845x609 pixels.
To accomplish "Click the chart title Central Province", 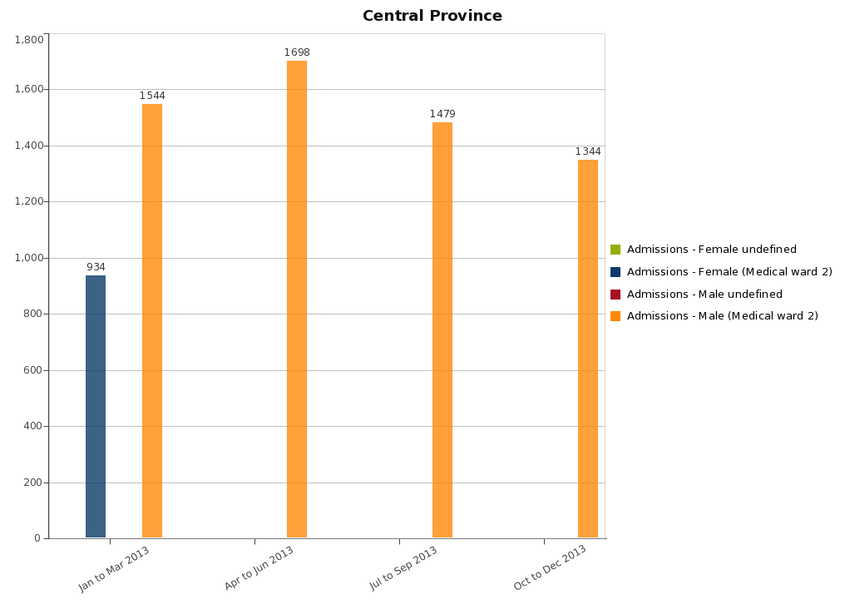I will click(x=432, y=16).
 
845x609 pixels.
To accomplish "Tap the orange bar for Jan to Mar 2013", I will click(x=152, y=320).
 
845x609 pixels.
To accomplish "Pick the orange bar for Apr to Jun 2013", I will click(x=297, y=299).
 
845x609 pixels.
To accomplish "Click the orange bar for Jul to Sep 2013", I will click(x=442, y=329).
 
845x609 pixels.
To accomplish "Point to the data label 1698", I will click(x=297, y=52).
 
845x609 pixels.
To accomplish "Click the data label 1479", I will click(x=442, y=114).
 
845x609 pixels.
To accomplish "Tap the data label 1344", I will click(x=588, y=151).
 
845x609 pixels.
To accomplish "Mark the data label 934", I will click(x=96, y=267).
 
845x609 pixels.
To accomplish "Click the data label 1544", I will click(x=152, y=96).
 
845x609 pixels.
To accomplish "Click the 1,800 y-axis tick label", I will click(x=29, y=40).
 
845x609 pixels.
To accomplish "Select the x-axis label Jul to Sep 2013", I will click(x=404, y=568).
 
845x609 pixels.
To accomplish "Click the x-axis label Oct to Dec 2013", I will click(x=551, y=568).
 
